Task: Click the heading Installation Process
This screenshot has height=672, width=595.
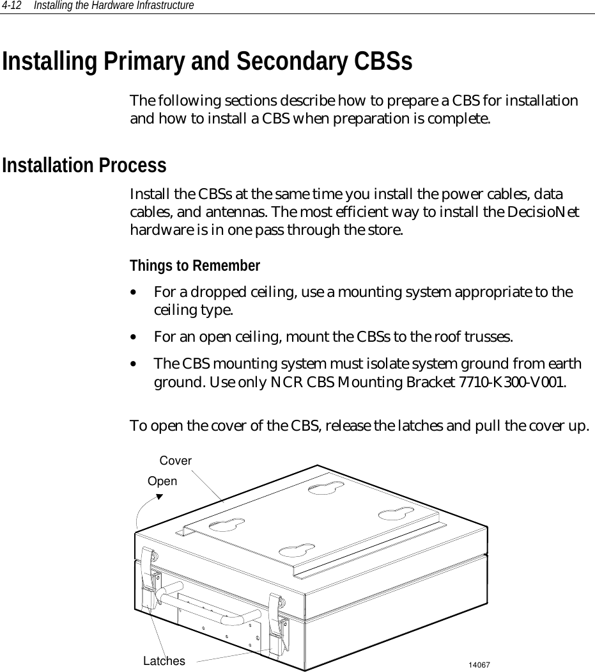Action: pyautogui.click(x=84, y=165)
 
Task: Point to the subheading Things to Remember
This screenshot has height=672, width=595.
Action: pyautogui.click(x=195, y=266)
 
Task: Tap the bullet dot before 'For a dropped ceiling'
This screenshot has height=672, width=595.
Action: pyautogui.click(x=132, y=292)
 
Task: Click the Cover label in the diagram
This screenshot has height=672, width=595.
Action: pyautogui.click(x=175, y=461)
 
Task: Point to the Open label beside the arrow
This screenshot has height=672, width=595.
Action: pyautogui.click(x=162, y=481)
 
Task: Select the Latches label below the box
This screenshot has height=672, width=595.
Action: pyautogui.click(x=164, y=660)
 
